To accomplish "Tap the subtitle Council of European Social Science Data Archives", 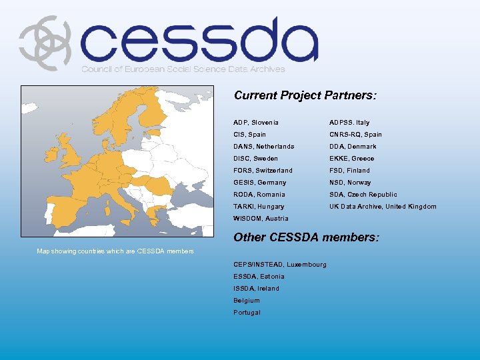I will pos(183,69).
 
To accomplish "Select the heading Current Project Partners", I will pos(305,95).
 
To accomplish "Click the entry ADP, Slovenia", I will pos(256,123).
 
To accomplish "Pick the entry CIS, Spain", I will pos(249,135).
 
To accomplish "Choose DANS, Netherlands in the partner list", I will pos(263,147).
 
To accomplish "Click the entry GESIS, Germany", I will pos(259,183).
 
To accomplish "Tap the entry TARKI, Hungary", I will pos(259,207).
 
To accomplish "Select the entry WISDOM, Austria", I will pos(261,219).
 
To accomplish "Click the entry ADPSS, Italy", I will pos(349,123).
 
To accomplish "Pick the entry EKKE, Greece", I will pos(351,159).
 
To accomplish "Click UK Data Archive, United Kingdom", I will pos(383,207).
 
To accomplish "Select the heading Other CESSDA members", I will pos(306,237).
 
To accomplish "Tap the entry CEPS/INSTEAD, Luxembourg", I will pos(280,265).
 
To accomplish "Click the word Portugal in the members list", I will pos(247,313).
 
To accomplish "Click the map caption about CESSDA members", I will pos(115,251).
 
